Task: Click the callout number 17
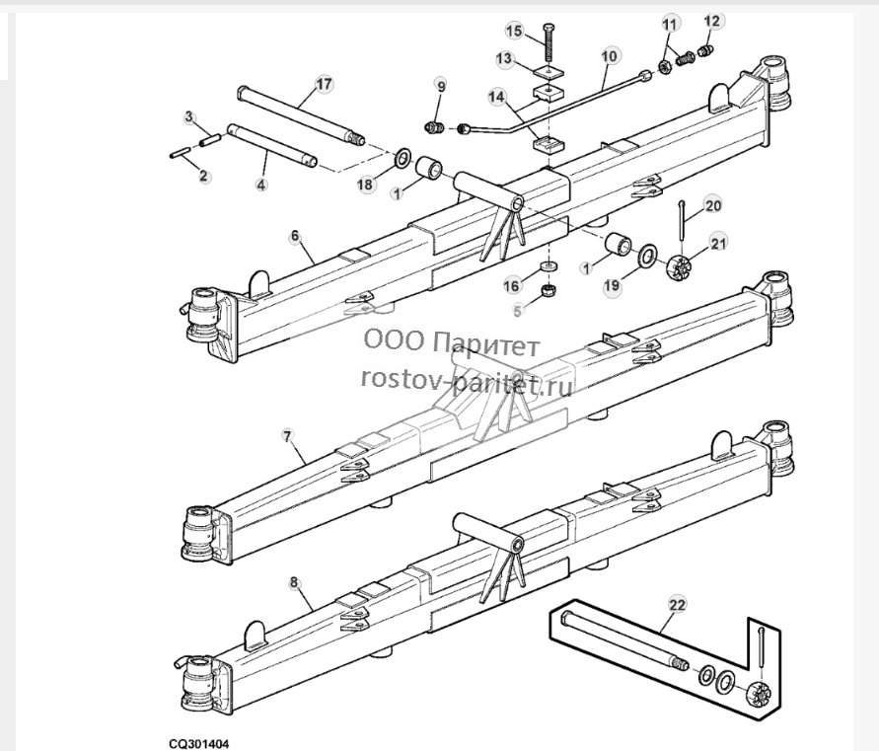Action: click(x=324, y=85)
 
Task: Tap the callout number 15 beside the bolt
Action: click(x=514, y=31)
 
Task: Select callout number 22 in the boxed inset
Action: click(x=677, y=605)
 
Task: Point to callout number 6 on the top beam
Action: click(x=295, y=236)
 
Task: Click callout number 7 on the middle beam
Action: click(x=288, y=436)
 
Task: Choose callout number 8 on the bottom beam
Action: click(x=294, y=582)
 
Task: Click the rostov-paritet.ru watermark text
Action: click(x=467, y=380)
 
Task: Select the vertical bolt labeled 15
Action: click(x=548, y=43)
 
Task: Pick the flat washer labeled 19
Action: click(x=648, y=256)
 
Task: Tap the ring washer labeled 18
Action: click(x=403, y=159)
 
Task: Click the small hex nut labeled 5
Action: click(x=549, y=290)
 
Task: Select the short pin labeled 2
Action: click(x=180, y=153)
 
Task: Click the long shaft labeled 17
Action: click(x=302, y=115)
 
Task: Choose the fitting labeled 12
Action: click(x=705, y=52)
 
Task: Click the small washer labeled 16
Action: click(x=549, y=265)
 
